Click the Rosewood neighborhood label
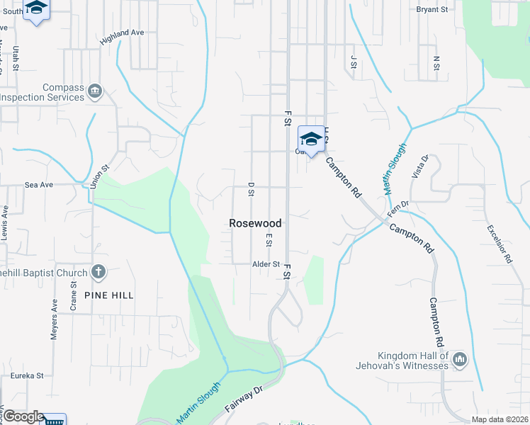tap(255, 223)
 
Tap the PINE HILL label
tap(108, 295)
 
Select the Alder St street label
tap(266, 264)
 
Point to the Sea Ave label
tap(39, 184)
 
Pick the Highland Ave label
tap(122, 37)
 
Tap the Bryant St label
tap(433, 10)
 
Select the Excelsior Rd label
tap(499, 244)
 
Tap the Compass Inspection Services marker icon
tap(94, 91)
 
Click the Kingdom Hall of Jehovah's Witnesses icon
tap(460, 361)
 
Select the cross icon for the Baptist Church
tap(98, 273)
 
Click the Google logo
tap(23, 417)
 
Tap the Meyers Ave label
tap(55, 319)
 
